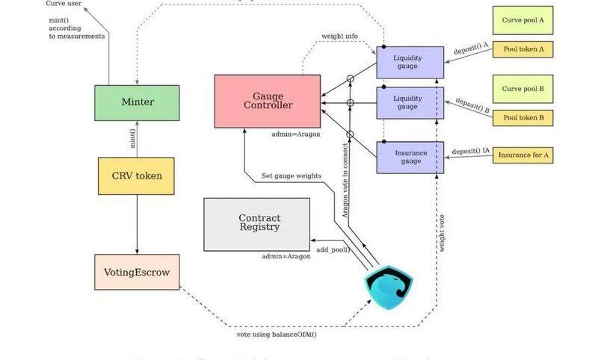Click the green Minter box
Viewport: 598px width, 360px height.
click(x=137, y=102)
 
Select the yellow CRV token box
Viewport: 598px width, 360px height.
click(x=136, y=176)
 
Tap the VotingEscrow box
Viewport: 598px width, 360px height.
click(x=137, y=272)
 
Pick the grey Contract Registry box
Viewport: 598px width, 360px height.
click(x=256, y=223)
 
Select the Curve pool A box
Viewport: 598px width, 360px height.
click(x=523, y=20)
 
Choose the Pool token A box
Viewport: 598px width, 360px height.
click(x=523, y=50)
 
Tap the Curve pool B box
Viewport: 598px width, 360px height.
click(x=523, y=89)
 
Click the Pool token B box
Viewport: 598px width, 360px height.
click(x=523, y=117)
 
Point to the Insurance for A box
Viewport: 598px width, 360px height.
click(x=523, y=155)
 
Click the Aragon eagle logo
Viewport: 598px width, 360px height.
click(x=388, y=289)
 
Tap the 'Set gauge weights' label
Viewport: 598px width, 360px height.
click(x=292, y=176)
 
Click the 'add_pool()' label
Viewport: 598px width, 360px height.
click(x=333, y=249)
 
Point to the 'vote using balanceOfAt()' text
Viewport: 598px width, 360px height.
click(x=277, y=334)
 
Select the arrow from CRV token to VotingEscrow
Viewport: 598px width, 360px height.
click(x=137, y=224)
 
